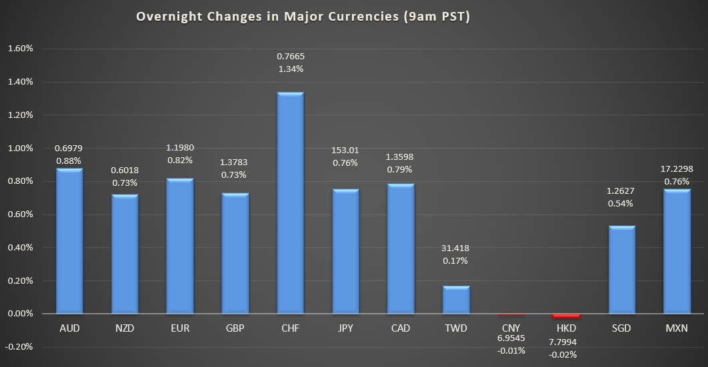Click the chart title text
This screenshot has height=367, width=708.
303,17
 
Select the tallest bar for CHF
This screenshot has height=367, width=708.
290,202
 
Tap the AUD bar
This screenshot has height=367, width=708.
69,241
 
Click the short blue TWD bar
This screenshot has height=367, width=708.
456,300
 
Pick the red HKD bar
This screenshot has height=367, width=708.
566,316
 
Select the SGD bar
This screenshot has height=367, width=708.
622,270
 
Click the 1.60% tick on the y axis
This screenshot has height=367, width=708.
20,49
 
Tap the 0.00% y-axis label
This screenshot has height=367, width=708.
20,314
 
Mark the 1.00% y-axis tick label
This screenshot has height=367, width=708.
20,149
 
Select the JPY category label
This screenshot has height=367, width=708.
345,328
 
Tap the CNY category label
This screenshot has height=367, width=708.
511,328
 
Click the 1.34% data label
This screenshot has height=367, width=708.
290,69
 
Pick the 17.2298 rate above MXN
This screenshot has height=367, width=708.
677,169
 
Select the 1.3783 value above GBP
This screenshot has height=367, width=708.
235,162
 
